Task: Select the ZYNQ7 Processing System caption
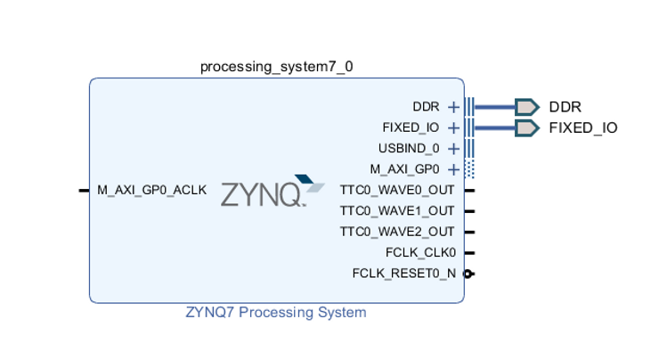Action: [x=276, y=313]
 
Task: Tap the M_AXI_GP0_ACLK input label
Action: [x=151, y=190]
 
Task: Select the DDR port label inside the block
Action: [x=426, y=107]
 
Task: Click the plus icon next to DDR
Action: [x=453, y=107]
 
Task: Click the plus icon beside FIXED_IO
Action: [x=453, y=127]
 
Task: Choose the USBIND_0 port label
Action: [x=409, y=148]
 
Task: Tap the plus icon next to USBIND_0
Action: [x=453, y=148]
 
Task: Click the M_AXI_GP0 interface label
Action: [x=405, y=168]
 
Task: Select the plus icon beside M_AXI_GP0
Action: [x=453, y=169]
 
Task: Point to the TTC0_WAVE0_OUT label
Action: [x=397, y=190]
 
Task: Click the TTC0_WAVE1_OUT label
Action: [x=397, y=211]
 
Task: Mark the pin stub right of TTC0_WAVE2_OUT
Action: [x=469, y=232]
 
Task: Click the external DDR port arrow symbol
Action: [x=526, y=107]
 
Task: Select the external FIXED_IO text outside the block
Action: [x=582, y=127]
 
